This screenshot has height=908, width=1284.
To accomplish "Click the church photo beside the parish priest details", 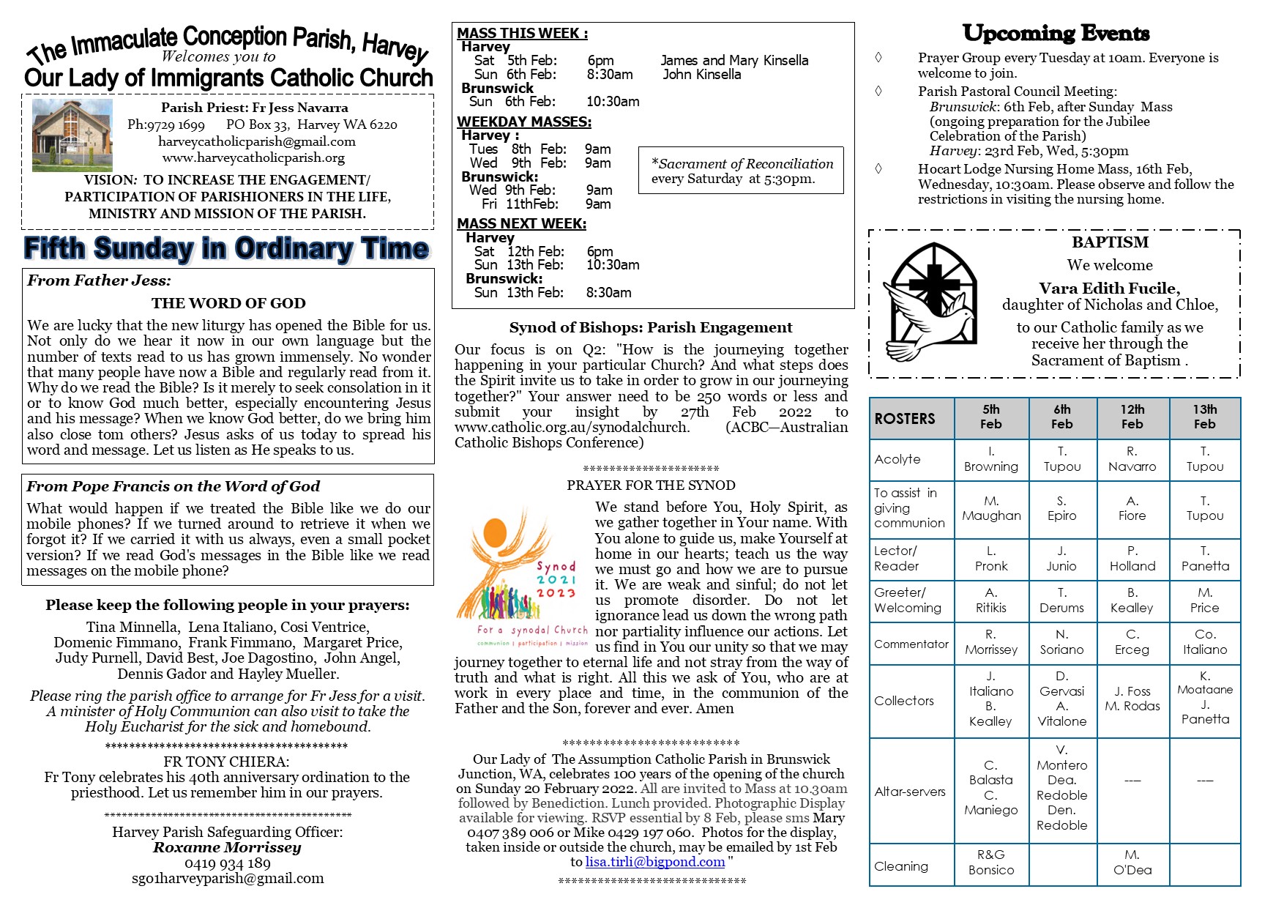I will pos(72,135).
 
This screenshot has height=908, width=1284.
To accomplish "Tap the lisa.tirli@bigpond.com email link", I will pos(655,862).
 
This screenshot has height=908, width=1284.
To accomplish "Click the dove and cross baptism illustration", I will pos(930,308).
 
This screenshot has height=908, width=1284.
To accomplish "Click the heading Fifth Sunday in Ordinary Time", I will pos(226,249).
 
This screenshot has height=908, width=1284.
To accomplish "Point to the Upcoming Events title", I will pos(1056,34).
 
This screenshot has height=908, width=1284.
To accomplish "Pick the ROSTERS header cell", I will pos(911,418).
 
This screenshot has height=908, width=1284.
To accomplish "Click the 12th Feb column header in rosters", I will pos(1132,417).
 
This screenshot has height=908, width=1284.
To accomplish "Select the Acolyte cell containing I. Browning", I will pos(990,459).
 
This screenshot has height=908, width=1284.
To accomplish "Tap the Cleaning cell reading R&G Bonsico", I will pos(990,863).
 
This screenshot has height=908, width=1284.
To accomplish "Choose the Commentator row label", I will pos(911,644).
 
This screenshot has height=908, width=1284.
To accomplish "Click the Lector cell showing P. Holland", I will pos(1132,559).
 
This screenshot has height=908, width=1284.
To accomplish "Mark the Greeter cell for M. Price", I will pos(1204,600).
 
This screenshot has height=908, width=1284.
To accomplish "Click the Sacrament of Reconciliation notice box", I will pos(741,171).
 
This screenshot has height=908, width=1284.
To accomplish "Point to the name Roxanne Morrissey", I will pos(227,847).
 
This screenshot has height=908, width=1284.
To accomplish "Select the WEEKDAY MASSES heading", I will pos(523,122).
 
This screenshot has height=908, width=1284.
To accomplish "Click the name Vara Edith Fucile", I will pos(1109,289).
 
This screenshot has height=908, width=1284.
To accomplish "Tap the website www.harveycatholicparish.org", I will pos(253,157).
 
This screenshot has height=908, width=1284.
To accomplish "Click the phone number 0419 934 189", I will pos(227,863).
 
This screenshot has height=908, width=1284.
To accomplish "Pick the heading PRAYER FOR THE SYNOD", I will pos(651,485).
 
